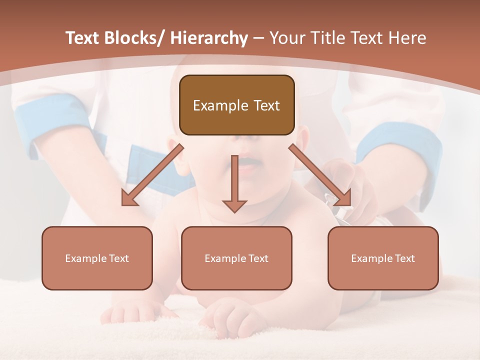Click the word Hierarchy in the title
[209, 38]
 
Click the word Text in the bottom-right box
[404, 258]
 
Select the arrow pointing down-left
[152, 175]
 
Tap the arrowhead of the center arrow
[234, 206]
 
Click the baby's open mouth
[248, 163]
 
